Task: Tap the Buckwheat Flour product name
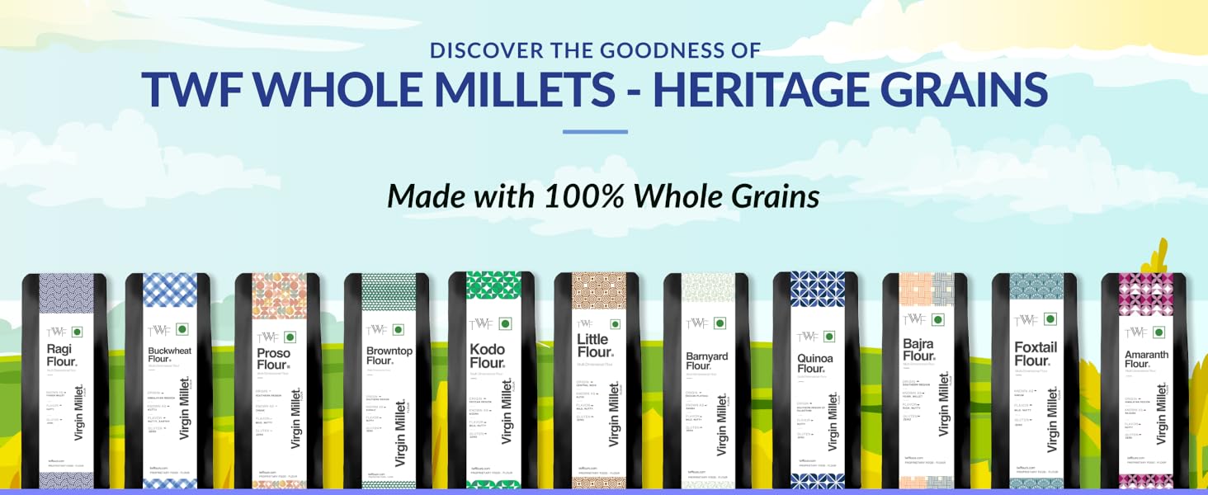tap(169, 354)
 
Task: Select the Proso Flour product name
tap(274, 359)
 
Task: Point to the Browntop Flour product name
tap(389, 356)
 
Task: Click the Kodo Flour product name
tap(487, 356)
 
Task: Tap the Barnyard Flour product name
tap(707, 361)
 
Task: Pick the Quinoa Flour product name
tap(815, 363)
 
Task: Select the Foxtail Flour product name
tap(1036, 354)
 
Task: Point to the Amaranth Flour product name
tap(1146, 359)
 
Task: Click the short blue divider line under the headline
tap(595, 131)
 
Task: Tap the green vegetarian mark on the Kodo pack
tap(505, 324)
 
